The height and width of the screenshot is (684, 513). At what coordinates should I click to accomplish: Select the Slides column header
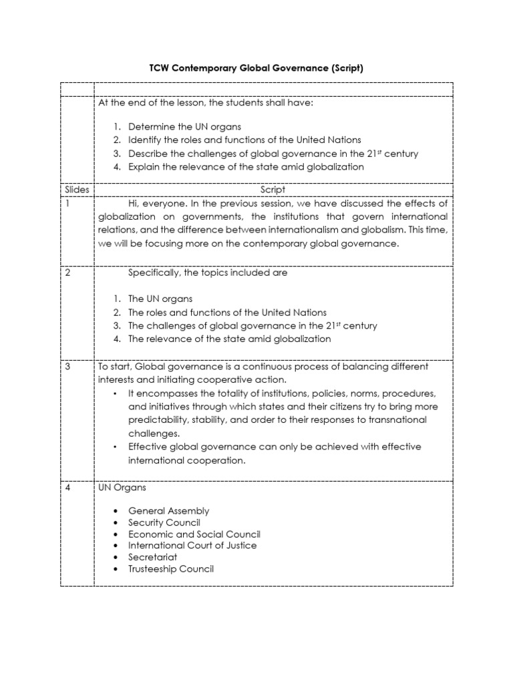coord(77,190)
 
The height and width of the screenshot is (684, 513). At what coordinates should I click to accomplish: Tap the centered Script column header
coord(273,190)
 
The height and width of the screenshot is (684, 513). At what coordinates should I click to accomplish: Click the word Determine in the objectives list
coord(151,126)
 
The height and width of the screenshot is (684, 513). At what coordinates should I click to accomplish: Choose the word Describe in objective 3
coord(149,154)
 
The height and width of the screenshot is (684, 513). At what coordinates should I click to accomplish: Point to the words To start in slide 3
coord(114,367)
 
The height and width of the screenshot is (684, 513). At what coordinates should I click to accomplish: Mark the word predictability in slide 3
coord(159,419)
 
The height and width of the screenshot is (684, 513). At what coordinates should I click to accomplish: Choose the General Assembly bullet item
coord(168,511)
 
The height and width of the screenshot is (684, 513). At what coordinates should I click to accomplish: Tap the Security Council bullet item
coord(164,522)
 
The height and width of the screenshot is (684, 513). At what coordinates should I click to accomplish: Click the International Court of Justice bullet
coord(192,546)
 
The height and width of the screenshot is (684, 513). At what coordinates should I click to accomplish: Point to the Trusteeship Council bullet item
coord(171,569)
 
